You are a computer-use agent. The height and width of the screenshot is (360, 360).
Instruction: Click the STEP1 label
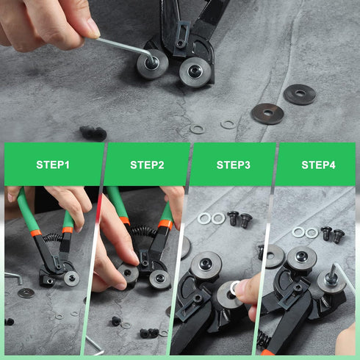53,165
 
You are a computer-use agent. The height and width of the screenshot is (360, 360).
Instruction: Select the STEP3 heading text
233,165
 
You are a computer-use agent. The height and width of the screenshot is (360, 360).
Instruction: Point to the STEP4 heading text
318,165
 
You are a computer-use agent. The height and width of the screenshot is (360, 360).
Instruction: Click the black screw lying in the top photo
93,133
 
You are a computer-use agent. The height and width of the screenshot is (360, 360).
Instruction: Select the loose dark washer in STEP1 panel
26,293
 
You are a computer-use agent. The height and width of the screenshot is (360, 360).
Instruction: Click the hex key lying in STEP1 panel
13,278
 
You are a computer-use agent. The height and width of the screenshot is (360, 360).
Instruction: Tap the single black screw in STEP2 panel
116,321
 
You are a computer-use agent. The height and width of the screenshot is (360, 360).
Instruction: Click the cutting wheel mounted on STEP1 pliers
71,278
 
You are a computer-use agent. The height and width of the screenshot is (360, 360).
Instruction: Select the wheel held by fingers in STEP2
128,273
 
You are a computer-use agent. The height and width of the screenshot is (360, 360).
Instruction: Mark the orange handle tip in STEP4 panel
266,353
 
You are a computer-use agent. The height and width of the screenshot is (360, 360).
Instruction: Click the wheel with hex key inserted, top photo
152,64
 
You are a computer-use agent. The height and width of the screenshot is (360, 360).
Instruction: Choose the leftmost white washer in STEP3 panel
204,218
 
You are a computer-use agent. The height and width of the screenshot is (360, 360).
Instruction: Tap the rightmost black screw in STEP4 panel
338,236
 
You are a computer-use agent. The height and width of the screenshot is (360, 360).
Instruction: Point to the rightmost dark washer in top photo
300,94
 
